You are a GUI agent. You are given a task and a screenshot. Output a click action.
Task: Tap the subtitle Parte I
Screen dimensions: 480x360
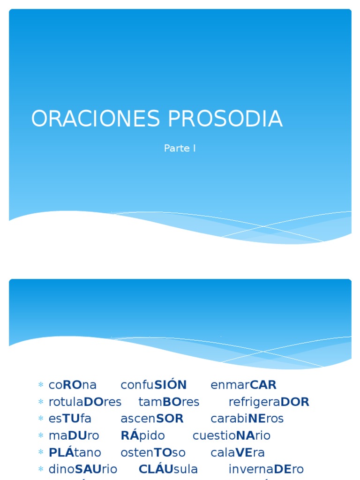coord(180,149)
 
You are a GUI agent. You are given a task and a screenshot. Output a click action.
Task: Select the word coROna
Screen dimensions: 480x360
coord(73,385)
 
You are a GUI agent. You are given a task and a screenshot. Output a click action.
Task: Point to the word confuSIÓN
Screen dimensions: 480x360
coord(154,385)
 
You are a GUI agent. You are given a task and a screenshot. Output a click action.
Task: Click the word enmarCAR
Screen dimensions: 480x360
coord(244,385)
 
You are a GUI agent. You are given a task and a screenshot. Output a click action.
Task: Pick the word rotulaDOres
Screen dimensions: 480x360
coord(85,402)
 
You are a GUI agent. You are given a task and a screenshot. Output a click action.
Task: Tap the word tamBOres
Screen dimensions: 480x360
coord(169,402)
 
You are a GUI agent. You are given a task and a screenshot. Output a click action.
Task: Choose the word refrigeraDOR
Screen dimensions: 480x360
coord(269,402)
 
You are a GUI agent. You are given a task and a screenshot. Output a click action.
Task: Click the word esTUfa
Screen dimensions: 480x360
coord(70,419)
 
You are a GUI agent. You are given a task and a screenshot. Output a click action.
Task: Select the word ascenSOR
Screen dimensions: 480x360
coord(152,419)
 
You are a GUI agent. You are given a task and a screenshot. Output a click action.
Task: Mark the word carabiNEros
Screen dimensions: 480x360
coord(247,419)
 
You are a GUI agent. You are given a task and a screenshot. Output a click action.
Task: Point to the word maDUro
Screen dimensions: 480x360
coord(74,435)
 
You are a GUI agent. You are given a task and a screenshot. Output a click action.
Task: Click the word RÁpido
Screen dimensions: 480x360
coord(142,435)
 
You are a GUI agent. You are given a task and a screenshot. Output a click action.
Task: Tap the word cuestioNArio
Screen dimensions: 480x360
coord(232,435)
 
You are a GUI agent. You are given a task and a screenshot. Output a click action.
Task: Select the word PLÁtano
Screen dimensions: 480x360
coord(75,452)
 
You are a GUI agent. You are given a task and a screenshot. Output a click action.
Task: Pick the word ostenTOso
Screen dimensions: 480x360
coord(153,452)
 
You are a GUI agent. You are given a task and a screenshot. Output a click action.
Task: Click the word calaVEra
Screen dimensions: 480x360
coord(238,452)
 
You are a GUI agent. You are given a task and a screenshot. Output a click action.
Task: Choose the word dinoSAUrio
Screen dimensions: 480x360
coord(83,469)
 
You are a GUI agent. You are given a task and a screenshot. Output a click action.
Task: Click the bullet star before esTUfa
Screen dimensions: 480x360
coord(41,419)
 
